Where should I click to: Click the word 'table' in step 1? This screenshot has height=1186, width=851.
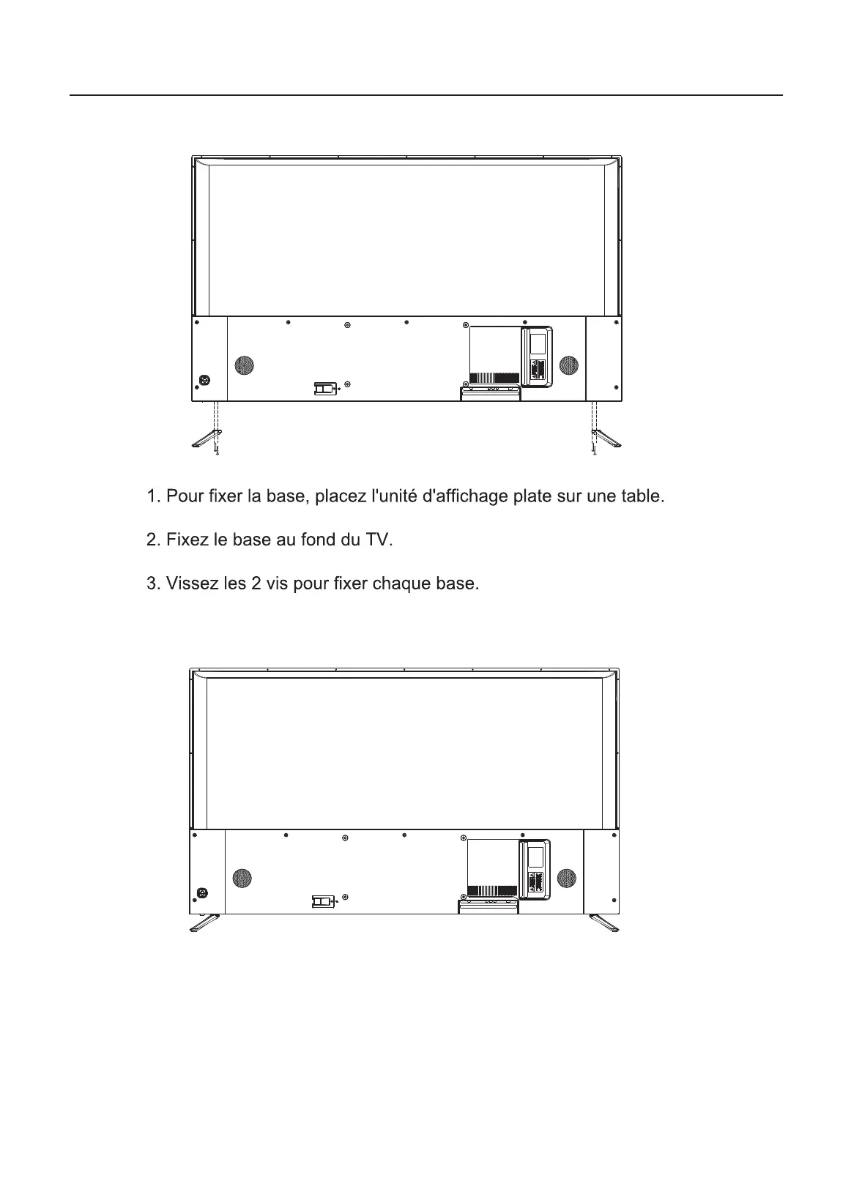point(641,497)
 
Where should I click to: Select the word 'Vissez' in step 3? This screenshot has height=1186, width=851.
point(190,585)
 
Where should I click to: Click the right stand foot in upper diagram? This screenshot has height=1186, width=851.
point(607,439)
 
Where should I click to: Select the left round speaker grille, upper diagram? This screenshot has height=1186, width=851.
point(244,365)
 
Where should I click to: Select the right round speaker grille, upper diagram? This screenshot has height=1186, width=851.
point(568,365)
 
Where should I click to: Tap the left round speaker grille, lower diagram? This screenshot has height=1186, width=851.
point(242,877)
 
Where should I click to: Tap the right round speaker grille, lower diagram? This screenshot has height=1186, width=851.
point(566,877)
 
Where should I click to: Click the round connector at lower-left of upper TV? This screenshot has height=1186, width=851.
point(204,381)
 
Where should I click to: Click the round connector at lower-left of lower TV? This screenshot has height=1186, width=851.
point(202,893)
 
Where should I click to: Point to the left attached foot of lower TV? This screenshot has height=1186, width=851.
point(204,923)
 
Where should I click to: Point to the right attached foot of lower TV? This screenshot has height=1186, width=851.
point(604,923)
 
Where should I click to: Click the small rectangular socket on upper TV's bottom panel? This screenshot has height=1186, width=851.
point(324,389)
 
